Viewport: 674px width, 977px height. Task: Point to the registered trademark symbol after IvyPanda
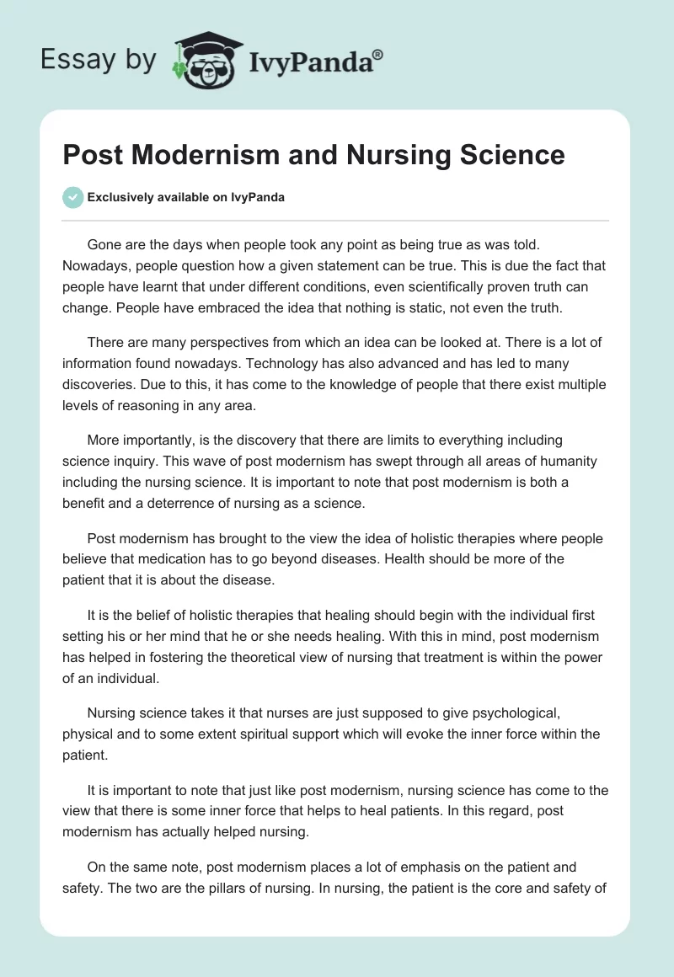378,53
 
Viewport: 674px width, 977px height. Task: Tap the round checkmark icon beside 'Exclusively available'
72,197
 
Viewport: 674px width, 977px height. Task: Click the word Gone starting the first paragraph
105,244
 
